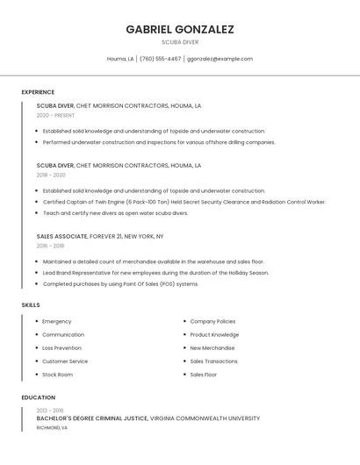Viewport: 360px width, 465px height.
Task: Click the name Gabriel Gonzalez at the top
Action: (x=179, y=29)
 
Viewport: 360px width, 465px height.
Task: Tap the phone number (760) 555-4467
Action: (x=161, y=59)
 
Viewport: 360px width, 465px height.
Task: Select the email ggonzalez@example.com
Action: (x=220, y=59)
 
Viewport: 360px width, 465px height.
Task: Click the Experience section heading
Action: (x=38, y=92)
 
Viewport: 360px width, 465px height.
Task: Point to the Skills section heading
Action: (x=31, y=304)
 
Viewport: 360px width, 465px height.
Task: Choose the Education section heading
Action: (x=38, y=397)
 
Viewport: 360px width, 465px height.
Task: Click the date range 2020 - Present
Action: (x=55, y=115)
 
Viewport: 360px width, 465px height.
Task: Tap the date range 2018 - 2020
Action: (x=51, y=175)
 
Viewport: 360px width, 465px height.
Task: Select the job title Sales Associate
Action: (x=61, y=236)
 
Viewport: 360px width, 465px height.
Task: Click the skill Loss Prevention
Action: (x=61, y=348)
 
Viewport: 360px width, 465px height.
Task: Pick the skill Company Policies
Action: (x=212, y=321)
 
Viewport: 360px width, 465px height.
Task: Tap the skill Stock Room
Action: (x=57, y=375)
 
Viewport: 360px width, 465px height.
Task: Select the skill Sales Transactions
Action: (x=213, y=361)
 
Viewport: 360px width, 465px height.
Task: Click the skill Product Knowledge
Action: (x=214, y=334)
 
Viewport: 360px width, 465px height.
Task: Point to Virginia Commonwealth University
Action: (x=205, y=418)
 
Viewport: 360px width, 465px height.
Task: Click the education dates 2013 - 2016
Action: (x=50, y=411)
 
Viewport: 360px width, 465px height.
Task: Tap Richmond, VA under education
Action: (x=52, y=427)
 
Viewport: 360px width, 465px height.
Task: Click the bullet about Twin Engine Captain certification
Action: (x=184, y=202)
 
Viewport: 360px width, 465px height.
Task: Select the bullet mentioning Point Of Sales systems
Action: (x=120, y=284)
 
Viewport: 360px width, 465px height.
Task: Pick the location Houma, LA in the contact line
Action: (x=120, y=59)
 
